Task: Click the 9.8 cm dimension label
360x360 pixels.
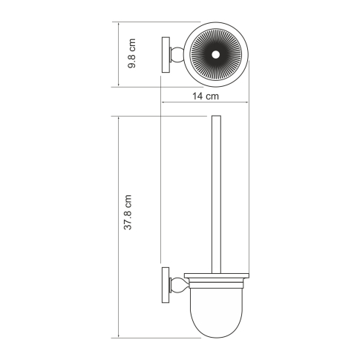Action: coord(131,54)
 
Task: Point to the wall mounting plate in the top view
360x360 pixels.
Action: coord(165,54)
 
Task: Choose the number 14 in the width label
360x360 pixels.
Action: coord(197,97)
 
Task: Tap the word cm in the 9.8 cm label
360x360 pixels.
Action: coord(131,46)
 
